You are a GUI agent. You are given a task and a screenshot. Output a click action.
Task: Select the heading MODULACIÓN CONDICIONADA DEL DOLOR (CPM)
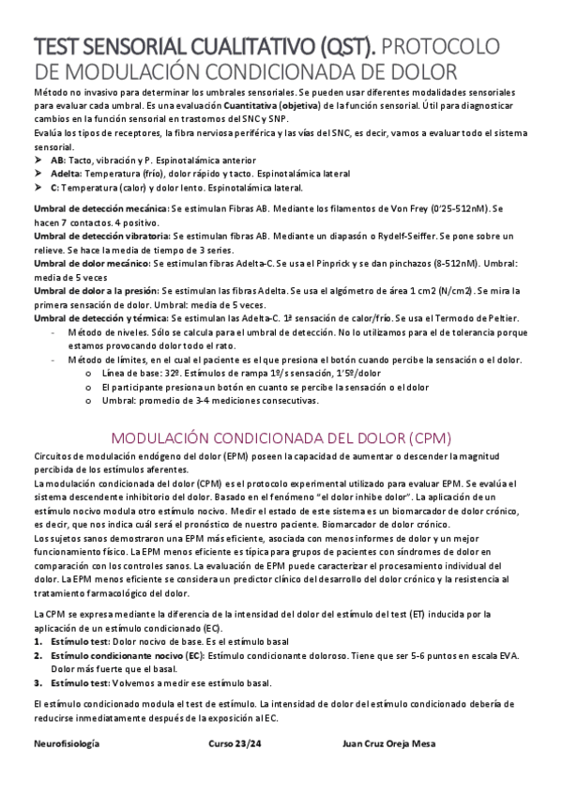click(281, 437)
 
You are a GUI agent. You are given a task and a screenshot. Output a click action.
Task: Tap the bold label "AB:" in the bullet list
click(85, 161)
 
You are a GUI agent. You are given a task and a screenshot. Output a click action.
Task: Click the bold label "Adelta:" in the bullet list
click(92, 175)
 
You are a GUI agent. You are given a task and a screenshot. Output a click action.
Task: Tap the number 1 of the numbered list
click(37, 640)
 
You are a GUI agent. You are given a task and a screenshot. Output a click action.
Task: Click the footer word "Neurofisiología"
click(66, 742)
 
